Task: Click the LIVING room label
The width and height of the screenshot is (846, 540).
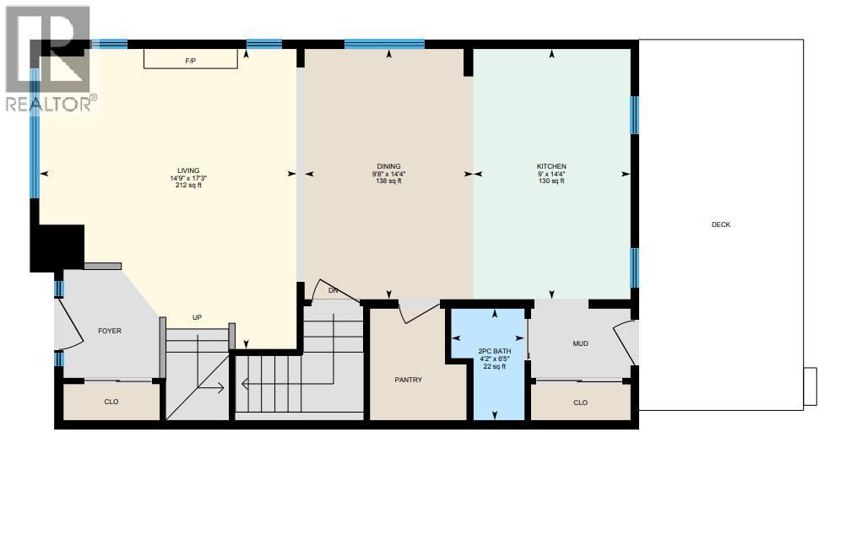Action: tap(187, 170)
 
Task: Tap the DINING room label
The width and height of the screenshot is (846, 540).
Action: tap(388, 166)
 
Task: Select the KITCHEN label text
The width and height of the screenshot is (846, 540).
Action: tap(551, 166)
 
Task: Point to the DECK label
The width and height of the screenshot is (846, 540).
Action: tap(720, 224)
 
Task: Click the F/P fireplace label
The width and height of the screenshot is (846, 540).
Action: tap(191, 61)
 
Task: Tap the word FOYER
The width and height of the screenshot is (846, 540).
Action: tap(110, 331)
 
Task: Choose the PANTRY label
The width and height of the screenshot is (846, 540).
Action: tap(408, 380)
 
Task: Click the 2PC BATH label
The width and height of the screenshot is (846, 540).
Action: tap(495, 350)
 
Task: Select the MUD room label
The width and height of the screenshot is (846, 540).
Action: tap(580, 343)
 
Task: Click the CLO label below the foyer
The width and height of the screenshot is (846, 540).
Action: tap(111, 402)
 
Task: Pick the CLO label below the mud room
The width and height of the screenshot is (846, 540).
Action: tap(580, 402)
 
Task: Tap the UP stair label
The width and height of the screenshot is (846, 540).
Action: tap(197, 317)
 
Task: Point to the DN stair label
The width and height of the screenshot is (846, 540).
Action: tap(333, 290)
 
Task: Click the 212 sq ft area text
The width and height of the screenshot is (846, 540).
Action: tap(187, 186)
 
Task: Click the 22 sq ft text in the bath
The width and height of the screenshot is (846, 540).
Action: tap(495, 366)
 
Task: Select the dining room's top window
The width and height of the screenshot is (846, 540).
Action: tap(384, 44)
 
